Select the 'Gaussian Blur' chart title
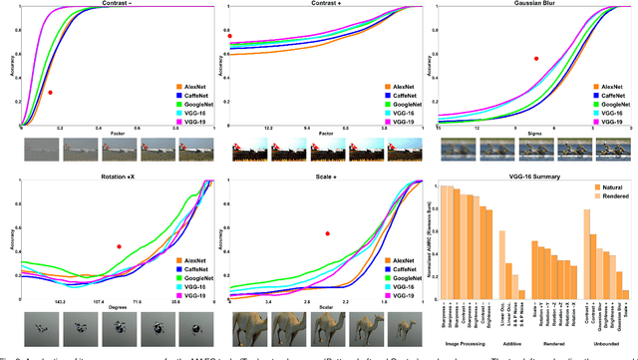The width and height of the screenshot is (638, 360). point(533,5)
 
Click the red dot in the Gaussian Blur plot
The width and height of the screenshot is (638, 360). point(535,58)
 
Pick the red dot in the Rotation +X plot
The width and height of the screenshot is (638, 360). point(118,246)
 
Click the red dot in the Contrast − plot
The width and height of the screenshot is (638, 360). point(50,93)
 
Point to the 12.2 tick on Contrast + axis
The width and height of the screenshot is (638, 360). point(267,128)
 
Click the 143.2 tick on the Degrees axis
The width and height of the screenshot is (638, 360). point(59,299)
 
